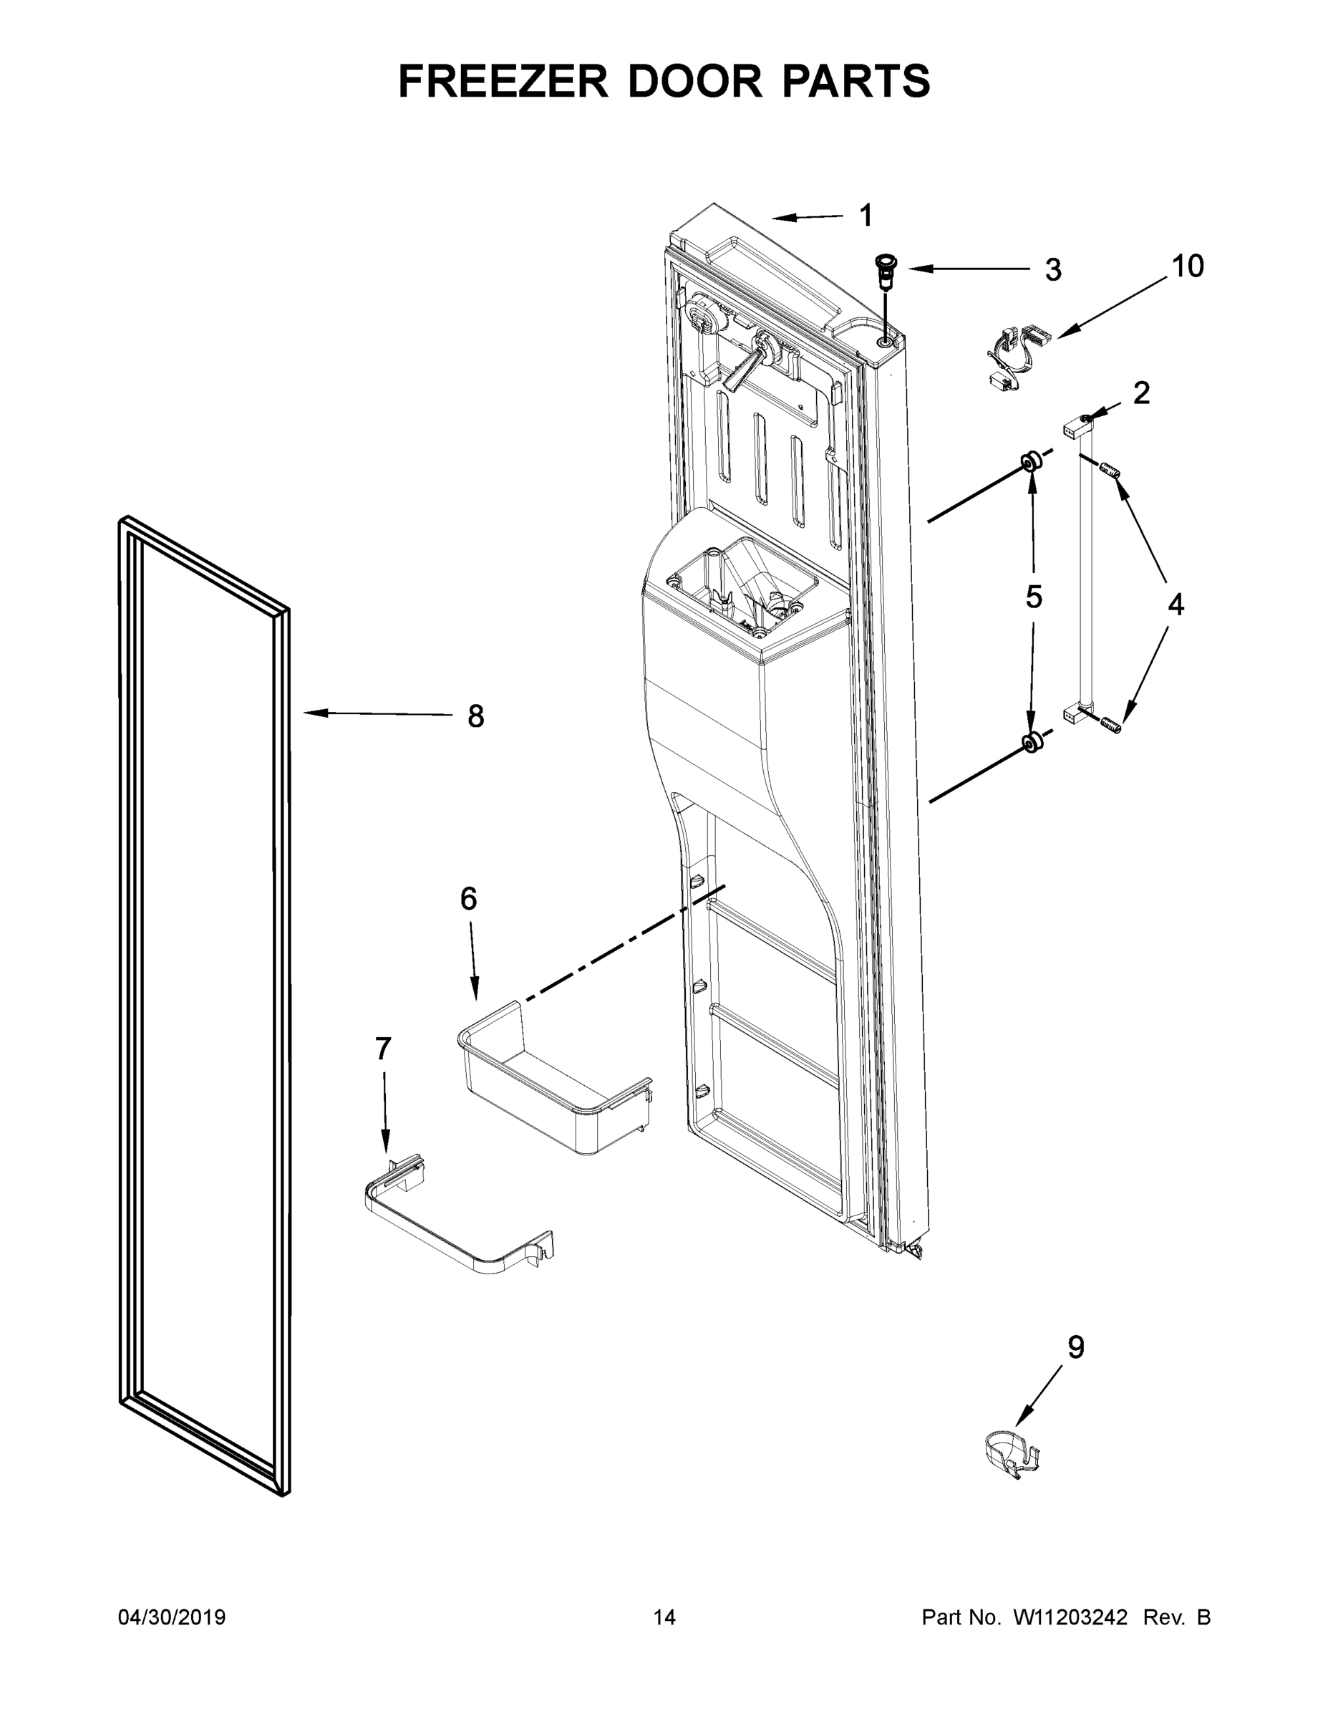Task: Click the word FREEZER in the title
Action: point(503,82)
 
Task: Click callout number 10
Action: point(1187,267)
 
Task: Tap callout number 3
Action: point(1052,270)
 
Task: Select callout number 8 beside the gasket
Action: point(475,716)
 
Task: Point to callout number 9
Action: point(1075,1347)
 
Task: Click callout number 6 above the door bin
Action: point(468,898)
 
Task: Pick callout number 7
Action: point(382,1049)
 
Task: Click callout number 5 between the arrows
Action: point(1033,597)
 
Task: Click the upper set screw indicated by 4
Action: point(1111,472)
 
